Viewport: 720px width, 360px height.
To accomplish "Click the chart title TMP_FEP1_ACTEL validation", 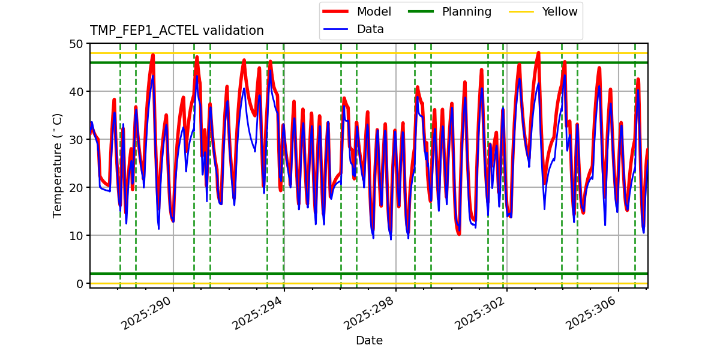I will pos(177,31).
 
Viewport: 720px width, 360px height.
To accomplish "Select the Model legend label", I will pos(374,12).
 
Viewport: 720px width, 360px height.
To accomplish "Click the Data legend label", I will pos(370,29).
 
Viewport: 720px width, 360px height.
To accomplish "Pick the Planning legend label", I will pos(466,12).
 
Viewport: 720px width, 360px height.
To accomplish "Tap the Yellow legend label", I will pos(559,12).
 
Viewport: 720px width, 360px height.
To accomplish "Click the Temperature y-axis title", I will pos(58,165).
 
